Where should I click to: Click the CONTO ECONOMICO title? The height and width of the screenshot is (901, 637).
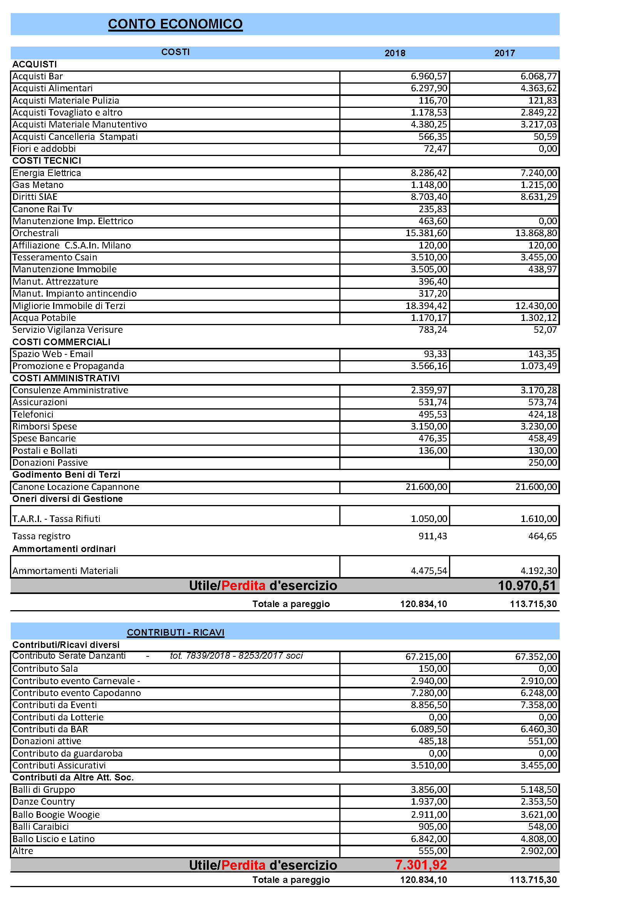pos(175,24)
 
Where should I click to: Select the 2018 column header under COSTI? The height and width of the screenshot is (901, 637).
pos(395,54)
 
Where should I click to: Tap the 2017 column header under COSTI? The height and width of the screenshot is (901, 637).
pos(505,54)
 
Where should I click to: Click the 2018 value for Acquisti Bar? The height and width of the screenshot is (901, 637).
pos(429,77)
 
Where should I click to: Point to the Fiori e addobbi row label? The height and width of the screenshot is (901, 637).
pos(44,149)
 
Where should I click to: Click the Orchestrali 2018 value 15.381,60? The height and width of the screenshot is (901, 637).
pos(426,233)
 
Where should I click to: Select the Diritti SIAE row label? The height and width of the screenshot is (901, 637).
pos(35,197)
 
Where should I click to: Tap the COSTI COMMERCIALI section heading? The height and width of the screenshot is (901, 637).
pos(61,342)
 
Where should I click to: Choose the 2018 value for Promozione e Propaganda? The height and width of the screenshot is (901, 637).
pos(429,366)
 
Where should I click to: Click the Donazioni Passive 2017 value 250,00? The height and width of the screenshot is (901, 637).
pos(543,463)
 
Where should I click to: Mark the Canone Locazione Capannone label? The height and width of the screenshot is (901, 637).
pos(76,487)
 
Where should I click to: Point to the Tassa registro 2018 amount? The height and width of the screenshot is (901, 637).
pos(432,536)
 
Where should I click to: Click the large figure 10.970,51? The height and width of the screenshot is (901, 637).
pos(527,586)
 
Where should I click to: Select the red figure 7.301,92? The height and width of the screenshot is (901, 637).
pos(421,865)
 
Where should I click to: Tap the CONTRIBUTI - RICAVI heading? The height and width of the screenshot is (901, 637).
pos(175,633)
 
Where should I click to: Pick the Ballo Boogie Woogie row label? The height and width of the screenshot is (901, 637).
pos(56,815)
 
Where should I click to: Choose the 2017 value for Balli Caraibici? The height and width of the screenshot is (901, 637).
pos(543,826)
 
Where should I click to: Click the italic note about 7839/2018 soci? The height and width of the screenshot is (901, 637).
pos(236,656)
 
